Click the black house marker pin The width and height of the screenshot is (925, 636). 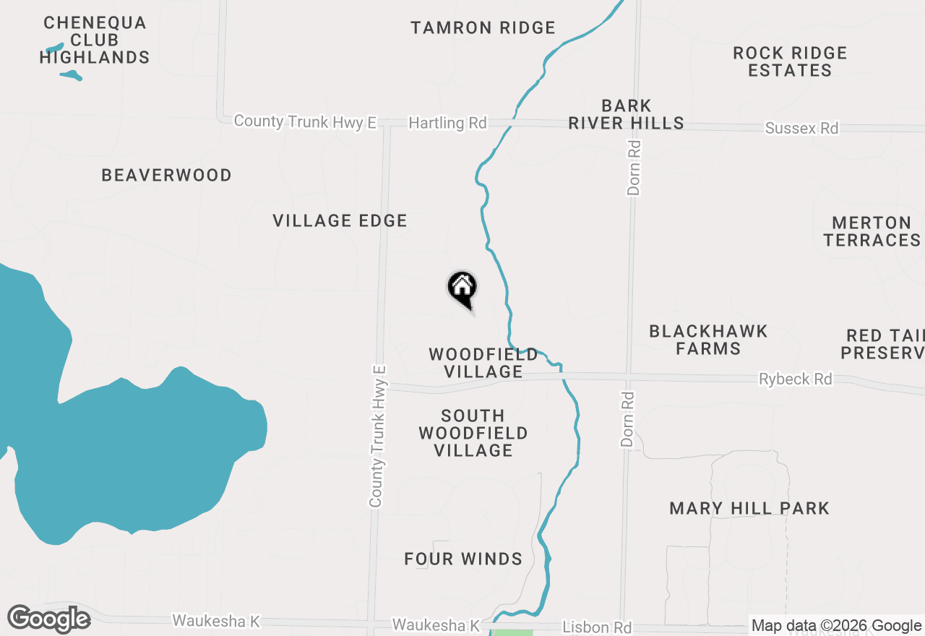point(462,289)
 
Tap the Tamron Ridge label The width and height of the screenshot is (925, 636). point(483,28)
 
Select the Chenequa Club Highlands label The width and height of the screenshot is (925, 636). point(95,40)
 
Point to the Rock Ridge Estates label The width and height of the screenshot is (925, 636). point(790,61)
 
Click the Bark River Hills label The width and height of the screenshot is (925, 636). point(626,115)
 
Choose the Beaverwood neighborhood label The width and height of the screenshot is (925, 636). point(166,176)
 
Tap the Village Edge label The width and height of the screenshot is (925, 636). point(340,221)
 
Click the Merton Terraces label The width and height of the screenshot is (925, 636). point(872,231)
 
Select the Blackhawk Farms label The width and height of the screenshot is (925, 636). point(707,340)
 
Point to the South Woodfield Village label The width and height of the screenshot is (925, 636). point(473,433)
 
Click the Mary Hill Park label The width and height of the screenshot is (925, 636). point(749,509)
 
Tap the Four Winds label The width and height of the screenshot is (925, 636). point(463,559)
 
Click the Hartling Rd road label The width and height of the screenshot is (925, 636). point(447,123)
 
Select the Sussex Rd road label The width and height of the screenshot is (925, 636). point(801,129)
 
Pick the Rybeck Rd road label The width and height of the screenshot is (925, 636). point(795,379)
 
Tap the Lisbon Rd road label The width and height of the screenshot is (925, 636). point(597,627)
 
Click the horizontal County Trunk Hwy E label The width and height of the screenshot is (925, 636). point(305,121)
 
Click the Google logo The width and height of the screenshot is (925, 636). point(49,619)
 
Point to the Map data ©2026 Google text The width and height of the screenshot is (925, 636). point(836,626)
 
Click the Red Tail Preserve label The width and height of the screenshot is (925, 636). point(885,345)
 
